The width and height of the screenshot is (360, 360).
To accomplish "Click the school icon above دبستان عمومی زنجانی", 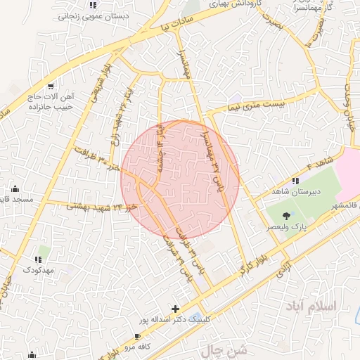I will (x=92, y=5).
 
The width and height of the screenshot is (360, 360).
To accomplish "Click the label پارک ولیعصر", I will (x=289, y=229).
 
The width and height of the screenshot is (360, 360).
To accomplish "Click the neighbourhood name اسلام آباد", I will (x=311, y=307).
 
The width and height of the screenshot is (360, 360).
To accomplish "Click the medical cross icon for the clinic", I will (x=175, y=309).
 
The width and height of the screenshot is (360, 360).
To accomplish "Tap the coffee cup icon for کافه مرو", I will (x=138, y=337).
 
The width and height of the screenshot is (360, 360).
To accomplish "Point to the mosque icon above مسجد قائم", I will (x=15, y=189).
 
